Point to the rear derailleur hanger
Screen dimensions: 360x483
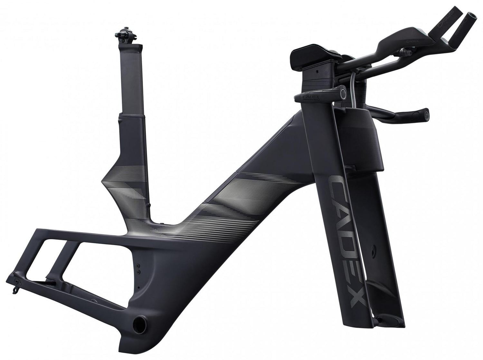[x=14, y=287]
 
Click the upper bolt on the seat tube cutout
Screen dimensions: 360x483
[x=139, y=266]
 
